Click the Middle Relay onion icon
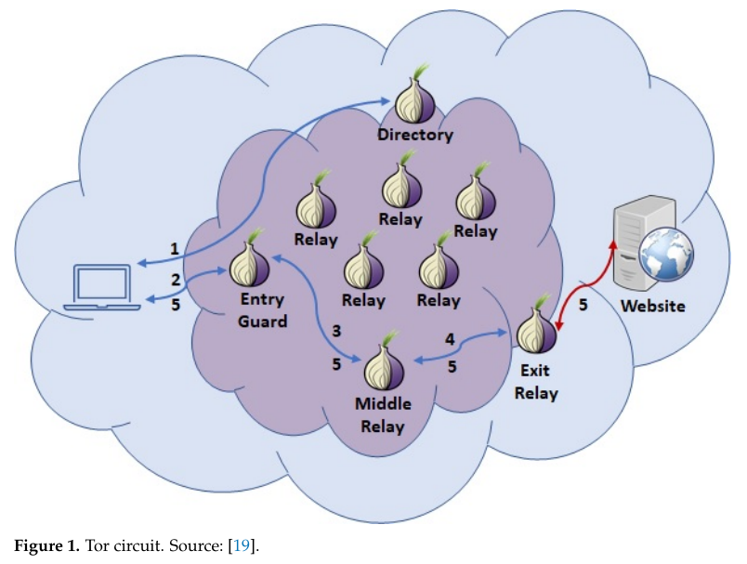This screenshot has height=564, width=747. [x=382, y=366]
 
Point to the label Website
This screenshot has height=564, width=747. [x=653, y=305]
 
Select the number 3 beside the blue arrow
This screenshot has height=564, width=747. [x=336, y=331]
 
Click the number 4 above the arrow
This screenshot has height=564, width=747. [x=450, y=340]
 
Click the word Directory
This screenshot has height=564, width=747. [x=415, y=136]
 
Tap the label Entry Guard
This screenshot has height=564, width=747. [x=263, y=310]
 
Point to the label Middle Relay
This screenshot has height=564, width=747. [x=381, y=415]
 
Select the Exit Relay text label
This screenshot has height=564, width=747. [x=536, y=381]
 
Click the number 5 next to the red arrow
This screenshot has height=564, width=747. [x=583, y=304]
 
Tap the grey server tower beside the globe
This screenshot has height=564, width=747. [x=633, y=237]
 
